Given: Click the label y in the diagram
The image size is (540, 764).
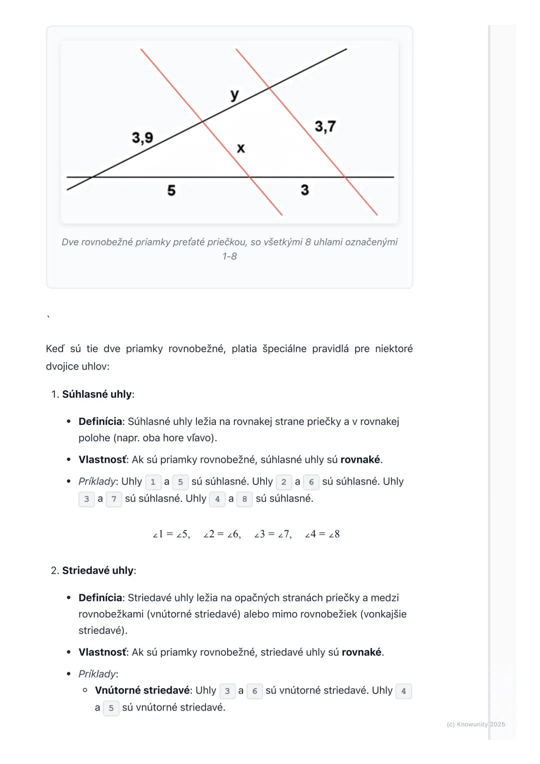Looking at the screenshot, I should coord(234,94).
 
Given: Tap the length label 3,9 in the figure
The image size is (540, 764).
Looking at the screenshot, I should coord(142,137).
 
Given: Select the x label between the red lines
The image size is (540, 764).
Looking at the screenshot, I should coord(240,148).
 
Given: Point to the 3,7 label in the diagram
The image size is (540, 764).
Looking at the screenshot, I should coord(325,126).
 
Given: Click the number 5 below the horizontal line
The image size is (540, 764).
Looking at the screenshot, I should coord(171,190).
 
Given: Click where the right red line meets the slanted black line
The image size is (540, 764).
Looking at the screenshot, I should coord(269,88).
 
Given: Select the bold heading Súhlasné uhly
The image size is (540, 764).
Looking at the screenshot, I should coord(96,394).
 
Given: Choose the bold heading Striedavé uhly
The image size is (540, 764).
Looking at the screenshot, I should coord(97,570).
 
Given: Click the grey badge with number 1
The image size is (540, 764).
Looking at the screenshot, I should coord(153,482).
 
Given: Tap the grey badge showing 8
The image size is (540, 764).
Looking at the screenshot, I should coord(244,499).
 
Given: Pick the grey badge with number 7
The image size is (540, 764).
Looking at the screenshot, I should coord(114,499).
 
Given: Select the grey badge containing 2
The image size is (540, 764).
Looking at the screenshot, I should coord(283,482).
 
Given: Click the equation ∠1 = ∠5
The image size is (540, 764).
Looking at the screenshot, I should coord(171,534).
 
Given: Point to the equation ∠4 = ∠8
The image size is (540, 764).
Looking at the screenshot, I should coord(322,534).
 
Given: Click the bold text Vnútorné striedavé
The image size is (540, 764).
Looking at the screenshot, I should coord(142,690).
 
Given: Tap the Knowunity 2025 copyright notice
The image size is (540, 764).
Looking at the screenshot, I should coord(475,724).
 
